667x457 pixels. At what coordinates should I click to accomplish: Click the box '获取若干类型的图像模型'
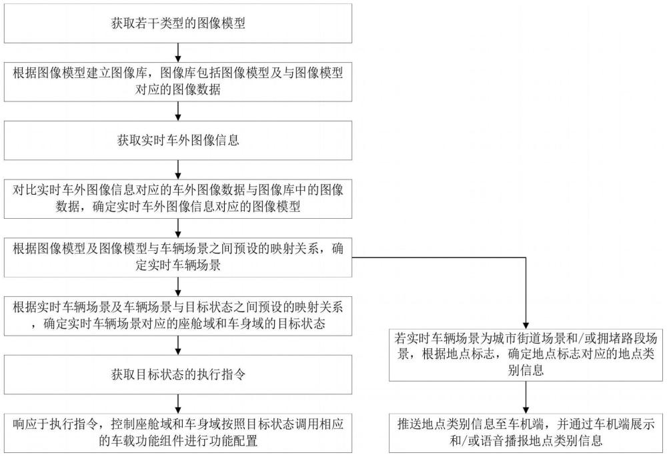coord(178,23)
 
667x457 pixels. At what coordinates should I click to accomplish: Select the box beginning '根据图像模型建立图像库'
coord(178,81)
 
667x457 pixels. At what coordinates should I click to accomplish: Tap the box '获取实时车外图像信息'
coord(178,140)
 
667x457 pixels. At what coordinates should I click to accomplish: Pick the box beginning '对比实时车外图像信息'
coord(178,199)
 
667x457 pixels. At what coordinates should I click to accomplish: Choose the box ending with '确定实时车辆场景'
coord(178,258)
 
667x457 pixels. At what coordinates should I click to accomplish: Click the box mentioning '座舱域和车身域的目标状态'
coord(178,316)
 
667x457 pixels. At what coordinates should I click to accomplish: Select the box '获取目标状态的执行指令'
coord(178,374)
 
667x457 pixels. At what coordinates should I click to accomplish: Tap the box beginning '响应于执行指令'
coord(178,433)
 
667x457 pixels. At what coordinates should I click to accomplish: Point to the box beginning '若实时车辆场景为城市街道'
coord(526,354)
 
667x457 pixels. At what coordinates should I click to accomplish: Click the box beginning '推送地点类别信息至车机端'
coord(526,433)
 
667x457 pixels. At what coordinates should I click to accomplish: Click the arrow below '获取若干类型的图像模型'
coord(178,53)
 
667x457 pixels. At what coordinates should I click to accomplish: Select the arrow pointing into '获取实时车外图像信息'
coord(178,111)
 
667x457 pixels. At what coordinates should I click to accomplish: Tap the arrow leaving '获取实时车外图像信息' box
coord(178,169)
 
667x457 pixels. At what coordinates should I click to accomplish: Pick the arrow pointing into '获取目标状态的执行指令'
coord(178,346)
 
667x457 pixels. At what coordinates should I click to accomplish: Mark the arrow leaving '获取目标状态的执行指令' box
coord(178,404)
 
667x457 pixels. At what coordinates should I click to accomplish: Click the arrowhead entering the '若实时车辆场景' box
coord(526,324)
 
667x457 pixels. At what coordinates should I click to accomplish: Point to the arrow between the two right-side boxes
coord(526,397)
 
